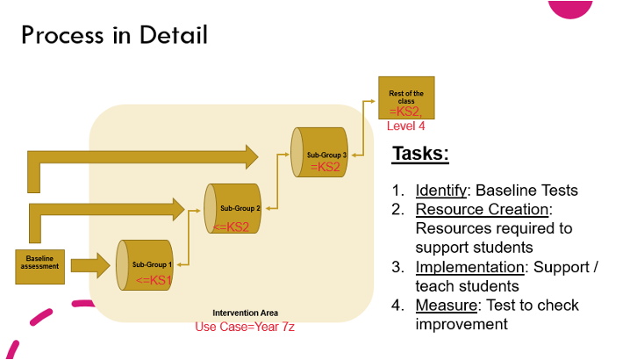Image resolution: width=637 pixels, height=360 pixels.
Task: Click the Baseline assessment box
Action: pos(39,267)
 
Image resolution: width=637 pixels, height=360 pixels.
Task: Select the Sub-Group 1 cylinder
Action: pos(145,265)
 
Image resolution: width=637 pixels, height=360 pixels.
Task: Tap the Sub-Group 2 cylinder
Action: pos(233,208)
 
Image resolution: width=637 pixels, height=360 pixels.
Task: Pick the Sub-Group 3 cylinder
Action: pos(319,153)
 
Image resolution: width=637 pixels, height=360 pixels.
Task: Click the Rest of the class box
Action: pos(406,98)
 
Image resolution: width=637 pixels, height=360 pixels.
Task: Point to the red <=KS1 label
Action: pos(154,280)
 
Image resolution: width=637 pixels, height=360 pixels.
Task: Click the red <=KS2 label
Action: pos(231,227)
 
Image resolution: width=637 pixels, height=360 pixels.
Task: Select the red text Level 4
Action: pos(406,126)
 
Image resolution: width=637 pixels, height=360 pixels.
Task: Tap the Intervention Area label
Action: pos(246,313)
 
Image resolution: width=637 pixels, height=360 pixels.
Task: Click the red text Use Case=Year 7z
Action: pos(245,327)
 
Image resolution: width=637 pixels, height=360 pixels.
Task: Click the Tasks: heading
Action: pos(420,154)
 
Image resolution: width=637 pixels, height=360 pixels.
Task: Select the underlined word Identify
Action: pos(441,191)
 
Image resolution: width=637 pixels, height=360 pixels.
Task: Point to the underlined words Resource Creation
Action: pos(483,209)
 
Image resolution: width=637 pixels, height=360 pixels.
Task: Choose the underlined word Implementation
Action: pos(469,267)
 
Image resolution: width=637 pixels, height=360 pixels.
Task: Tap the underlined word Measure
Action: pos(447,306)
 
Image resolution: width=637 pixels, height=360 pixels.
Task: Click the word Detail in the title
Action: pos(174,35)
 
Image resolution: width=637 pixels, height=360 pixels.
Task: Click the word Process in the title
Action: pos(62,35)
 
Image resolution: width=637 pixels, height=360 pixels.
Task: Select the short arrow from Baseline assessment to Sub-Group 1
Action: pos(90,266)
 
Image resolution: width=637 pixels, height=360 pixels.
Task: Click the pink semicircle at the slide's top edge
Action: pos(570,9)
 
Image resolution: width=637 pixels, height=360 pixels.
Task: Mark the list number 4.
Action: pos(397,306)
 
